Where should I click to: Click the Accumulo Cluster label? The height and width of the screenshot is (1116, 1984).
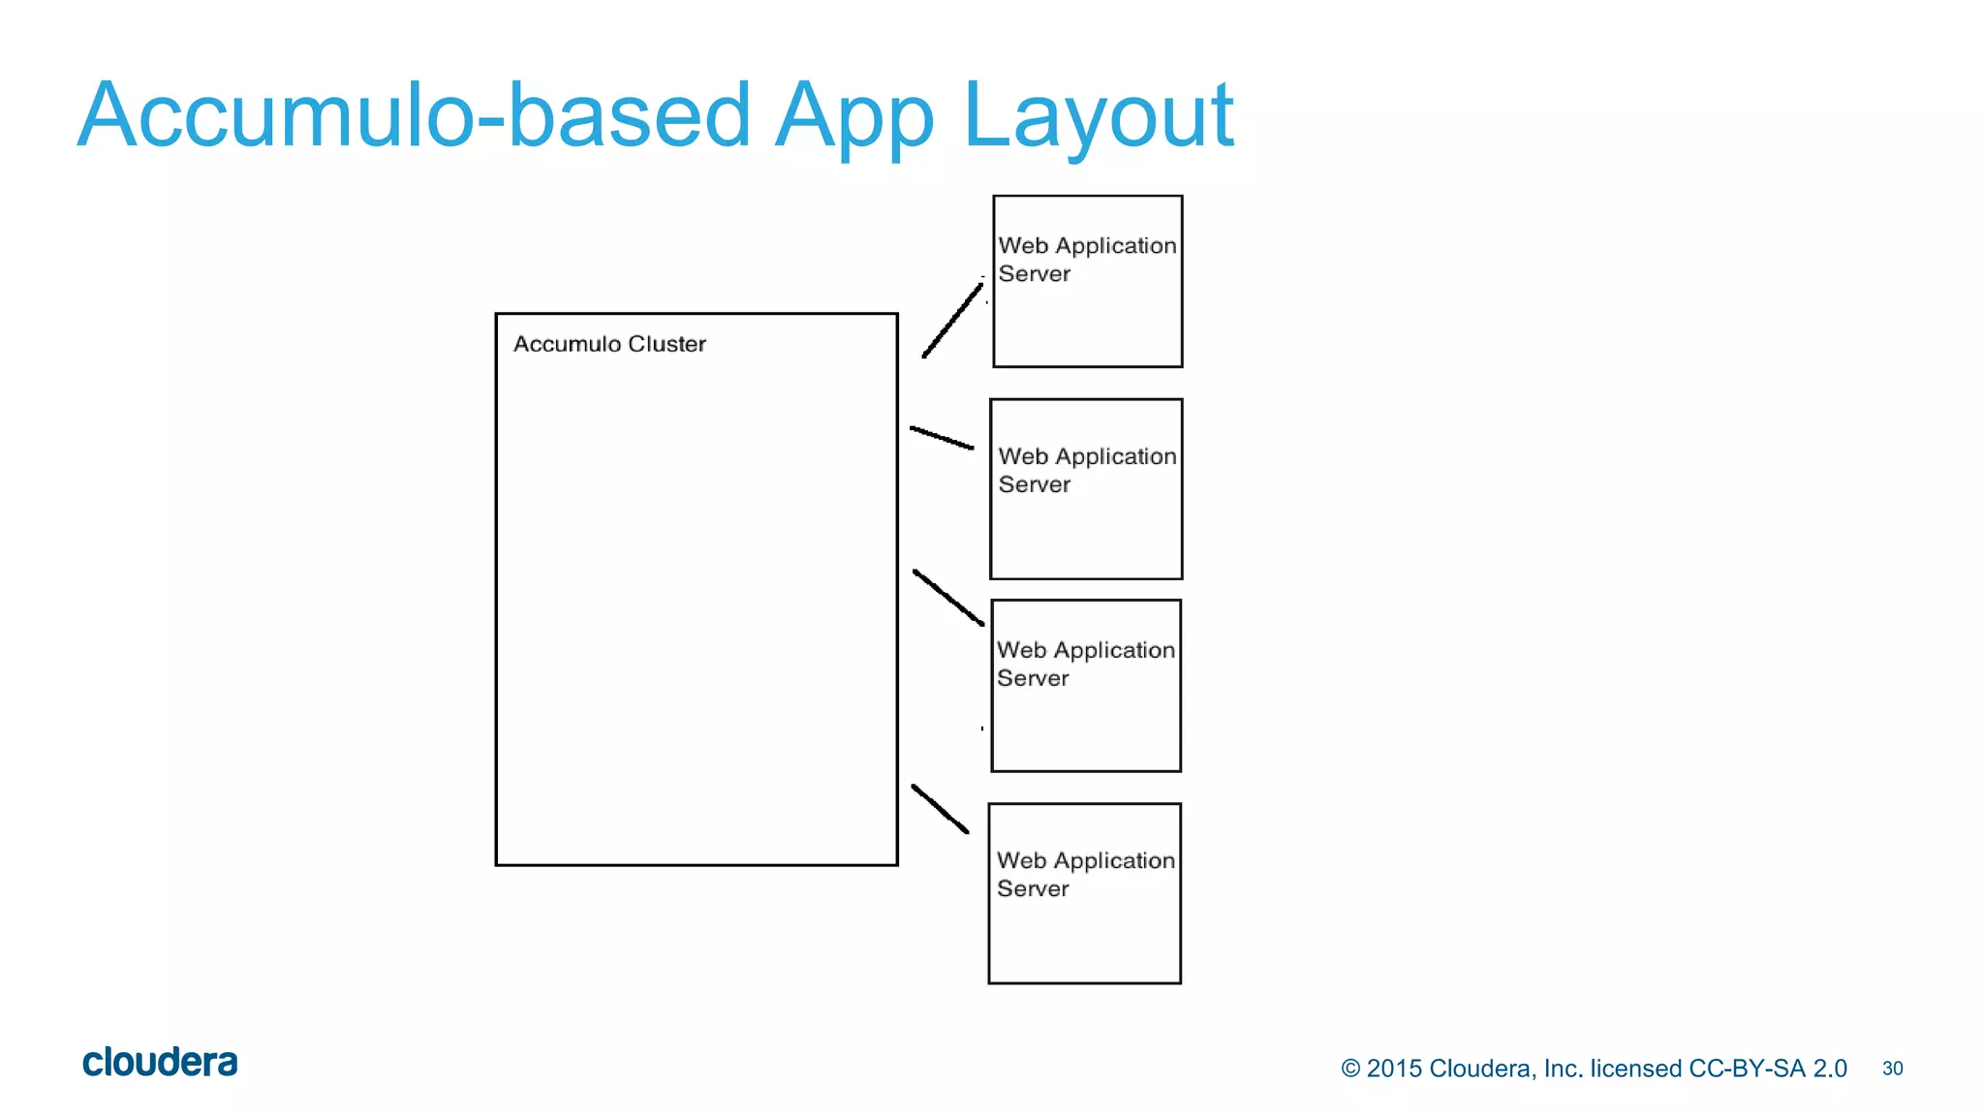609,344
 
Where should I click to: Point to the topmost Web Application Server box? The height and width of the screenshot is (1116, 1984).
1088,282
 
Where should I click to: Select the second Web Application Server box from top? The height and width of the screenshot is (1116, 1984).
1086,489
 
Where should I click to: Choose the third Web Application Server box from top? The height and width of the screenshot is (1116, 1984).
1086,686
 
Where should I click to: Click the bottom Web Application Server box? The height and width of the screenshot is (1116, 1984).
1085,893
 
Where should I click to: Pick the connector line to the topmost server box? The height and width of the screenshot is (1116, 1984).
952,321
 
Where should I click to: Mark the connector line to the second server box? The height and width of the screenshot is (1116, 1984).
942,438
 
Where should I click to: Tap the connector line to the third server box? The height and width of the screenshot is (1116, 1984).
948,598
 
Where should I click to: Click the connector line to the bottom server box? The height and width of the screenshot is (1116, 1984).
940,809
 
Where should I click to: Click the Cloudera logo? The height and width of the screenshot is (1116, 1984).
160,1063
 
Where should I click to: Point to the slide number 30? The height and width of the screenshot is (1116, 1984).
1892,1069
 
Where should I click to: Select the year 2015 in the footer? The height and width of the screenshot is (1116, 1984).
1394,1069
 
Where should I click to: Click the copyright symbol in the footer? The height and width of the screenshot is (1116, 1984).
1350,1069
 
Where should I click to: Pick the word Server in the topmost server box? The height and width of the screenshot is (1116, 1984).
1034,274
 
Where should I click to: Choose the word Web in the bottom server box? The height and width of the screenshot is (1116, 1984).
1021,860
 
